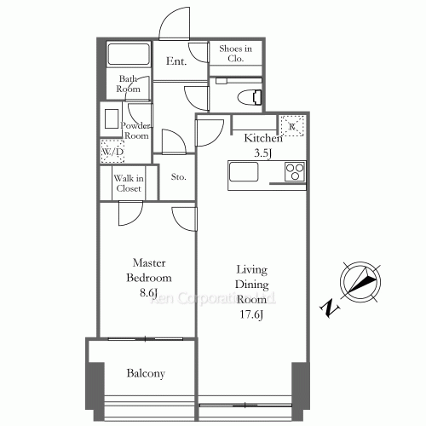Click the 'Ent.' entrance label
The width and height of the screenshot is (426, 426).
[177, 61]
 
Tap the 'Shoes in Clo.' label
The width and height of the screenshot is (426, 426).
[236, 55]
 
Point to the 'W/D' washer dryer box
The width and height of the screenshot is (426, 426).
[111, 152]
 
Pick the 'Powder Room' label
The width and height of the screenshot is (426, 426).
[136, 130]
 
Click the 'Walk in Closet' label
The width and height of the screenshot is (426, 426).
[129, 182]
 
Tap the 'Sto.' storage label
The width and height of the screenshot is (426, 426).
[178, 178]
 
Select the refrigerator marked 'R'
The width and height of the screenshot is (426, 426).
[292, 126]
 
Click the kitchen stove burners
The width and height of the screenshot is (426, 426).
[295, 170]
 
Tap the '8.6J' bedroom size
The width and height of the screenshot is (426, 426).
[149, 292]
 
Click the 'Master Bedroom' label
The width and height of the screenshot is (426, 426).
[149, 271]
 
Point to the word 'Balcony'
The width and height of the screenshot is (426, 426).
[146, 373]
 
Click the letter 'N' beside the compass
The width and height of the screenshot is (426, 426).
[328, 308]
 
